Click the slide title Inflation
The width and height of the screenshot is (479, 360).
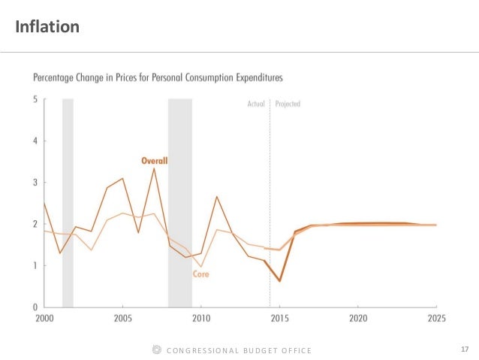(x=47, y=28)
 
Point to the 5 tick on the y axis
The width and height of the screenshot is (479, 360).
(x=35, y=99)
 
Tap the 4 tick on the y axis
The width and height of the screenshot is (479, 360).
(x=35, y=141)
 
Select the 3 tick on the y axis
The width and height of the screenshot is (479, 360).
(x=35, y=183)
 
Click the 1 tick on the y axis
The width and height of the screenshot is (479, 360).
(x=35, y=265)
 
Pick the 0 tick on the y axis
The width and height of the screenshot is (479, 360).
(x=35, y=307)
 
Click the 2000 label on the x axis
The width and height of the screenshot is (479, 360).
(x=44, y=318)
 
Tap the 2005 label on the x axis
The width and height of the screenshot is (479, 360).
(x=122, y=318)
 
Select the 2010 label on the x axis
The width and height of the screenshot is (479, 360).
(x=200, y=318)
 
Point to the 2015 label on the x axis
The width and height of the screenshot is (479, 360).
(x=279, y=318)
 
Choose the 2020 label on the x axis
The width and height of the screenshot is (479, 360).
(x=357, y=318)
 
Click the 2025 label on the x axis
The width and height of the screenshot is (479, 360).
(x=435, y=318)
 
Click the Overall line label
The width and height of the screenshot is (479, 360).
(x=155, y=160)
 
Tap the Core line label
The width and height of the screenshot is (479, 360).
(x=200, y=274)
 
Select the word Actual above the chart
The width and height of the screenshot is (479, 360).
(x=256, y=104)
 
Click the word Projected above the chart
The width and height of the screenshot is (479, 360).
(x=288, y=104)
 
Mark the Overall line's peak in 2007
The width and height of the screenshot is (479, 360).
(x=154, y=168)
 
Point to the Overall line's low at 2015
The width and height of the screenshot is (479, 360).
(x=279, y=281)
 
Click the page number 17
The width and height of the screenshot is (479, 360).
(x=464, y=349)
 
